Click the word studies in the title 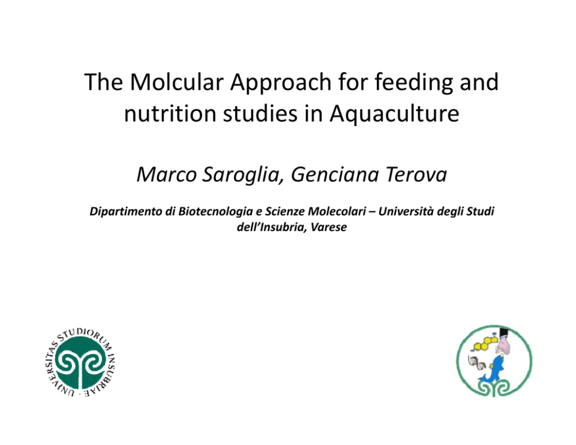coord(260,113)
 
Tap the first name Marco coord(167,174)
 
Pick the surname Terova coord(416,174)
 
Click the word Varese coord(329,227)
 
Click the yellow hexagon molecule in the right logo coord(485,343)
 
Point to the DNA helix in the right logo coord(477,363)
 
